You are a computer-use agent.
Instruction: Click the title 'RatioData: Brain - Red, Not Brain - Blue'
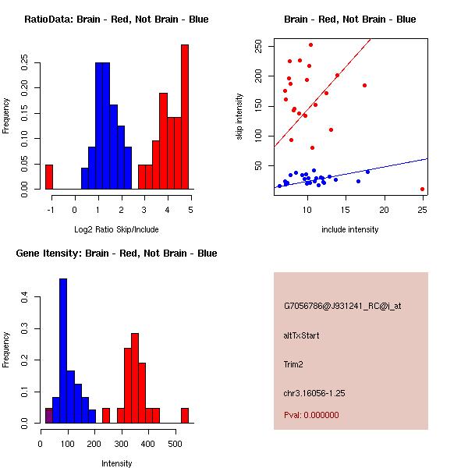coord(116,19)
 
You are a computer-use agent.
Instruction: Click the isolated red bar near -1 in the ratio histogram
coord(49,177)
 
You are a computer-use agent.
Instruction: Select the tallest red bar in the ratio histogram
coord(185,117)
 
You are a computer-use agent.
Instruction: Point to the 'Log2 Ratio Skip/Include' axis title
coord(116,229)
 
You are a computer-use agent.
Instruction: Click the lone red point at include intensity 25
coord(422,189)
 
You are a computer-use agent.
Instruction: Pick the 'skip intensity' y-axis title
coord(240,117)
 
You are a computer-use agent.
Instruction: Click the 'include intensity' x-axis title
coord(350,229)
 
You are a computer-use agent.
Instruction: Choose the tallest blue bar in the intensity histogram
coord(63,350)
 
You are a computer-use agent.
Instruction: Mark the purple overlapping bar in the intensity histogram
coord(48,416)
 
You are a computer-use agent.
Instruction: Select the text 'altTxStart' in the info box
coord(301,335)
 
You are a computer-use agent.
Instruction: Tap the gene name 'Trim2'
coord(293,363)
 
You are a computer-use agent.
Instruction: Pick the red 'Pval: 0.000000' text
coord(311,415)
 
